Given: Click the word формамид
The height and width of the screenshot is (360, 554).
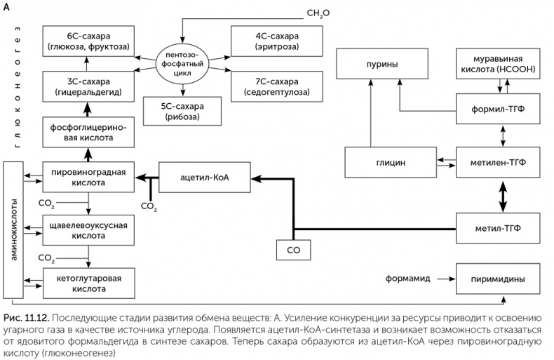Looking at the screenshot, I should tap(405, 279).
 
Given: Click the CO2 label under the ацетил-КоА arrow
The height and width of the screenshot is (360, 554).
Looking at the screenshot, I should tap(149, 206).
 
